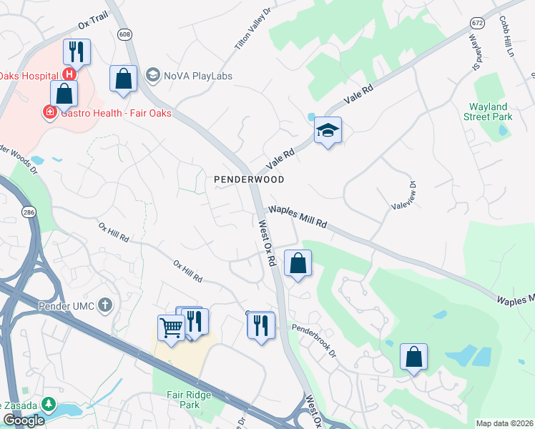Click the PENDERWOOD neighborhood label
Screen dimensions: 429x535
tap(250, 179)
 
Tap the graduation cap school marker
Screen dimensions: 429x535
tap(328, 131)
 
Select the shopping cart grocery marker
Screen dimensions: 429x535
tap(171, 328)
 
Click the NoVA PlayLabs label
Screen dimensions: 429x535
tap(189, 76)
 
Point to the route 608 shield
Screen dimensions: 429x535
tap(125, 34)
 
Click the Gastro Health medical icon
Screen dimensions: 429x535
tap(50, 112)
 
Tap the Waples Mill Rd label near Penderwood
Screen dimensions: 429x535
tap(297, 217)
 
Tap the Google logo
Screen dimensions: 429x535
tap(24, 420)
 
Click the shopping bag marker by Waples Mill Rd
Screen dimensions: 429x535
tap(298, 263)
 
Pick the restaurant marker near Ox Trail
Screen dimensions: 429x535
tap(75, 51)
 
